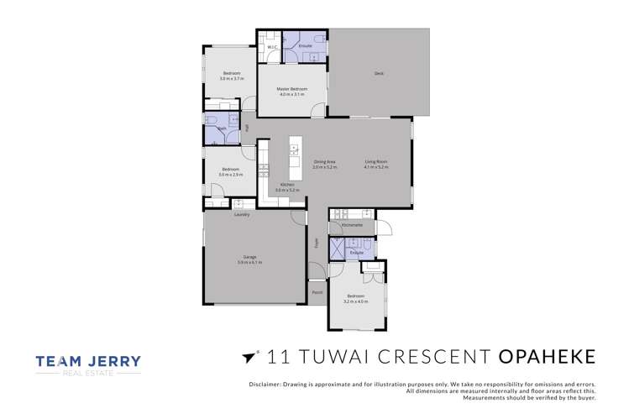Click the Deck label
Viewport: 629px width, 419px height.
pos(379,74)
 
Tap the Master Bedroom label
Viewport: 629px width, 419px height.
pos(291,88)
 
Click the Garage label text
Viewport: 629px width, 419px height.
pos(249,257)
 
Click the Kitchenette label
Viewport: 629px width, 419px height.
pos(352,225)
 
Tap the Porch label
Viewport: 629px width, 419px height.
pos(317,292)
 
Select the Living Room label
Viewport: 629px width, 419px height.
pos(375,161)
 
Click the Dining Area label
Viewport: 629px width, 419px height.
pos(325,161)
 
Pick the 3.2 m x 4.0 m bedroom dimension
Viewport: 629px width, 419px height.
pos(356,301)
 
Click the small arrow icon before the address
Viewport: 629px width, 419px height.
pos(248,357)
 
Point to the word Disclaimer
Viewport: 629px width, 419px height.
pos(266,384)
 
